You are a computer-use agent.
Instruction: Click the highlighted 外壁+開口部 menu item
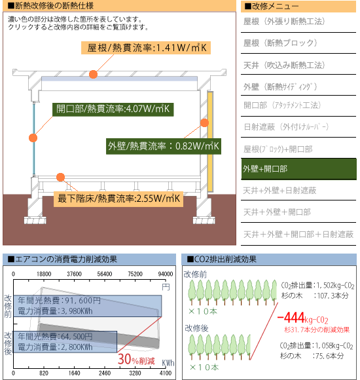point(298,169)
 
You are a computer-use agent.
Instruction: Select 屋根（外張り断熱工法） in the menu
point(284,22)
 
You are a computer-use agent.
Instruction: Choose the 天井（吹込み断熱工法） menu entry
point(284,66)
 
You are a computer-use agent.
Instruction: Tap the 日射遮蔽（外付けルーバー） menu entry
point(286,126)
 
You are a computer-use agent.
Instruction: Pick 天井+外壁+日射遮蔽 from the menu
point(279,191)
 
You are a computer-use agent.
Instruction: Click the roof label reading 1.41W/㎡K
point(146,48)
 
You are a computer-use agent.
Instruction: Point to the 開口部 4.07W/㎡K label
point(113,109)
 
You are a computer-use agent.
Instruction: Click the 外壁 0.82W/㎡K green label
point(164,146)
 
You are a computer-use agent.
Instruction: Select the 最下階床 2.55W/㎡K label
point(118,199)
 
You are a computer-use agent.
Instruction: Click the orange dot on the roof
point(93,74)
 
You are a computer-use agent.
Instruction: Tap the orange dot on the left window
point(33,138)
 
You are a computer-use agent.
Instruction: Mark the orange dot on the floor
point(60,177)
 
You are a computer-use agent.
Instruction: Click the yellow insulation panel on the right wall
point(210,142)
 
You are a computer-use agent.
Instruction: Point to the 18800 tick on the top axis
point(44,274)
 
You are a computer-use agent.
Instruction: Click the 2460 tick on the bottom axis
point(105,373)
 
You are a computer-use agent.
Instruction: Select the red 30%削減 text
point(136,360)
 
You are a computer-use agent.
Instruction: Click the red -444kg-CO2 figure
point(302,318)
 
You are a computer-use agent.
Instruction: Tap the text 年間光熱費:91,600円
point(60,301)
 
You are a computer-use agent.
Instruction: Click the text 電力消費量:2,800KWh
point(55,347)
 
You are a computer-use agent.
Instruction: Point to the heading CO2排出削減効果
point(222,259)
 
